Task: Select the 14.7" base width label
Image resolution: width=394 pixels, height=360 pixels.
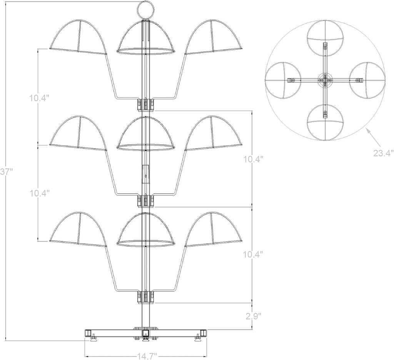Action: click(146, 356)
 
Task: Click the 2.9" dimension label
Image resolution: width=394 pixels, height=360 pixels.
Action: click(252, 315)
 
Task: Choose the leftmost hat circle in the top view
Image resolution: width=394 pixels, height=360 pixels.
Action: click(266, 80)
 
